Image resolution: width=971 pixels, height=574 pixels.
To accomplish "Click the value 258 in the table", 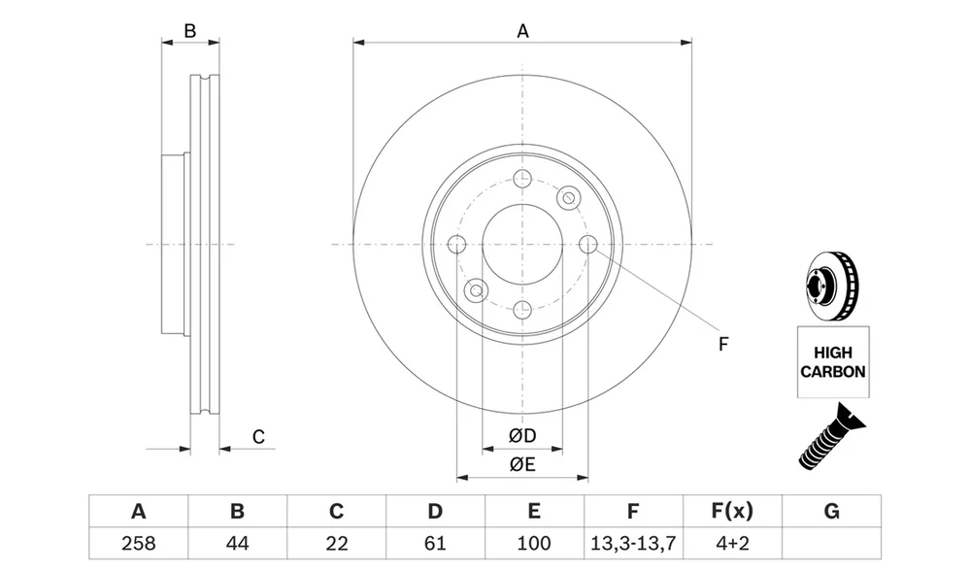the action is [x=138, y=543].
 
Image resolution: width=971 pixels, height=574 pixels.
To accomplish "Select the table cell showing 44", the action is [x=237, y=543].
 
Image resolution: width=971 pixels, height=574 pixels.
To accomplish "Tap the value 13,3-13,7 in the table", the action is [x=633, y=543].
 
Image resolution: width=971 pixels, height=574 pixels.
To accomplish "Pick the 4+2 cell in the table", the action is [x=732, y=543].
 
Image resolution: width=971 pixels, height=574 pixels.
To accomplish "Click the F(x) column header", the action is [x=732, y=511].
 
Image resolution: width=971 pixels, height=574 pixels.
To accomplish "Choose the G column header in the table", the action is [x=832, y=511].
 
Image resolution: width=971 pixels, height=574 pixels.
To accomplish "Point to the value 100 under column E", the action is [x=534, y=543].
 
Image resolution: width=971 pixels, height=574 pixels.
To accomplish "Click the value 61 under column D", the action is [x=435, y=543].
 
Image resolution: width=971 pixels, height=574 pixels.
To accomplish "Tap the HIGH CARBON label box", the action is [x=833, y=362].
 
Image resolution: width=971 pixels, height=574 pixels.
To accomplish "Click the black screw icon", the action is [x=831, y=436].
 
